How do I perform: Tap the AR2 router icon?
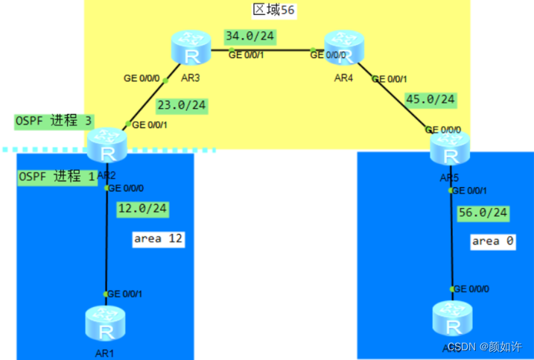(x=107, y=147)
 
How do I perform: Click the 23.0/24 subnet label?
(x=181, y=105)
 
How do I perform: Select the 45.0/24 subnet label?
(x=430, y=99)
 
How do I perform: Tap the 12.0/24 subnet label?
(x=144, y=209)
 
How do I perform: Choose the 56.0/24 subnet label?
(x=483, y=213)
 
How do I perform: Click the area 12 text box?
(x=157, y=239)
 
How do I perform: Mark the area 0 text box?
(x=492, y=241)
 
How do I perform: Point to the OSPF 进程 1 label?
(x=56, y=177)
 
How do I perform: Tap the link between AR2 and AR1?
(x=107, y=239)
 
